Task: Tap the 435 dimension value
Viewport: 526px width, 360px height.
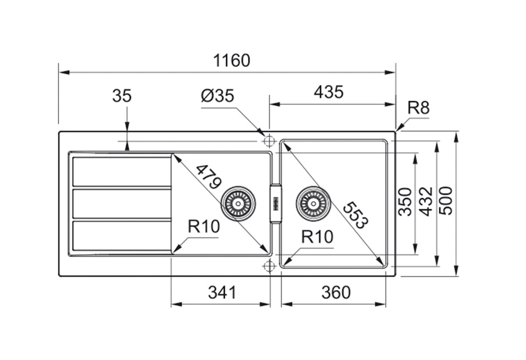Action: point(329,92)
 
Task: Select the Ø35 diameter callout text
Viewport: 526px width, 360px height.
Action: point(217,96)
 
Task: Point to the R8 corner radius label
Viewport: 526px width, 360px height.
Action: point(418,108)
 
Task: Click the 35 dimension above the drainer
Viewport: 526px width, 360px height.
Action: point(122,96)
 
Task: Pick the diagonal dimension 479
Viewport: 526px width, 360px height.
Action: point(208,176)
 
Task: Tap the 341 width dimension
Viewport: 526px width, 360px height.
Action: point(222,292)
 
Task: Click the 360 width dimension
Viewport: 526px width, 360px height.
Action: point(336,292)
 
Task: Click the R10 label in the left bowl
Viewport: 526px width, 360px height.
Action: point(203,227)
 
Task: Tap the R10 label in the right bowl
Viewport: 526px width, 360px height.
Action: point(317,237)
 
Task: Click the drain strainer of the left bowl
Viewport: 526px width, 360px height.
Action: point(238,203)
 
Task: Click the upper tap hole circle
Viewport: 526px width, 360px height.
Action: point(269,141)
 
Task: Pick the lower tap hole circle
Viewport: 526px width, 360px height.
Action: point(269,266)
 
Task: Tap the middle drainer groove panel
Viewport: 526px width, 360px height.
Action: point(122,203)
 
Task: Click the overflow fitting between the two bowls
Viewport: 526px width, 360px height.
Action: point(275,203)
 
